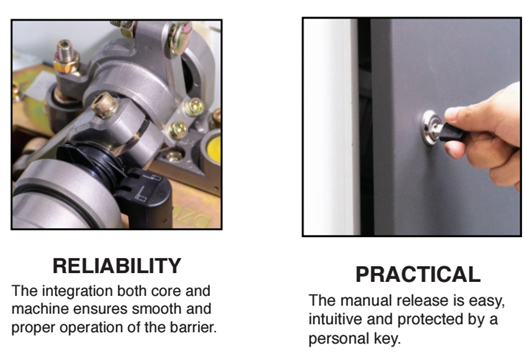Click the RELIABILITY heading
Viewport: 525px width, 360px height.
(117, 266)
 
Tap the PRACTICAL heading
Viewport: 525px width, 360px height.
(418, 275)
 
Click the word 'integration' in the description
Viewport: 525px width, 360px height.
(77, 291)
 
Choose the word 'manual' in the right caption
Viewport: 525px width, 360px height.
(367, 300)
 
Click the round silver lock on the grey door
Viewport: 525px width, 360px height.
(432, 128)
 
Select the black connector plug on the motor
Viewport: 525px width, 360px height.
(144, 196)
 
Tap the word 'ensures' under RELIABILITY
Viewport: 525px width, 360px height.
(100, 309)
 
